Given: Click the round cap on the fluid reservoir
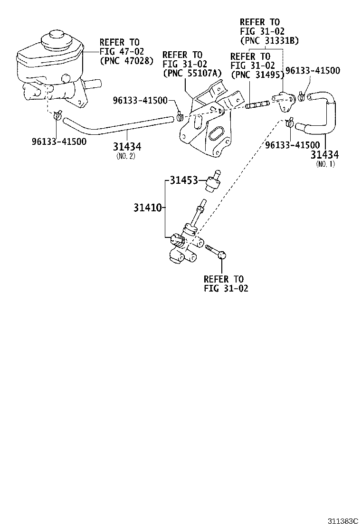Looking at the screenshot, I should (x=53, y=40).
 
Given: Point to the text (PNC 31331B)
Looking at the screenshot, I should (x=269, y=41).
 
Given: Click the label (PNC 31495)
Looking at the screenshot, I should (x=257, y=74).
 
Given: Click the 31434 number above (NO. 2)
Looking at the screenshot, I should (x=126, y=147).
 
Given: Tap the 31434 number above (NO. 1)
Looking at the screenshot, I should (x=325, y=154).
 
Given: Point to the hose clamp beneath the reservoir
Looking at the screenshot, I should (x=58, y=114).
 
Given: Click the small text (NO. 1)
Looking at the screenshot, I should (x=325, y=164).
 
